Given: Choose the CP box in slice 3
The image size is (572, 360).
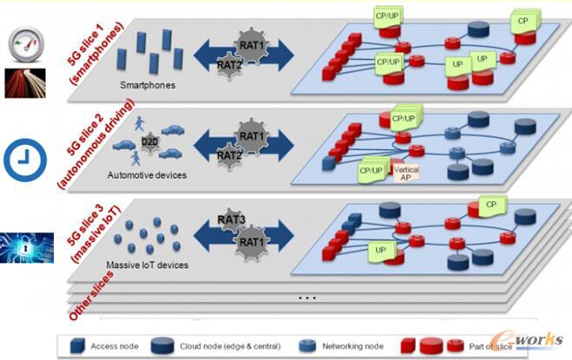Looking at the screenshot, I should click(490, 206).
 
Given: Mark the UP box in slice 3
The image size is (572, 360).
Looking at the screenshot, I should click(380, 250).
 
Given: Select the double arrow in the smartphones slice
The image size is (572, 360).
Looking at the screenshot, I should click(244, 52).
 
